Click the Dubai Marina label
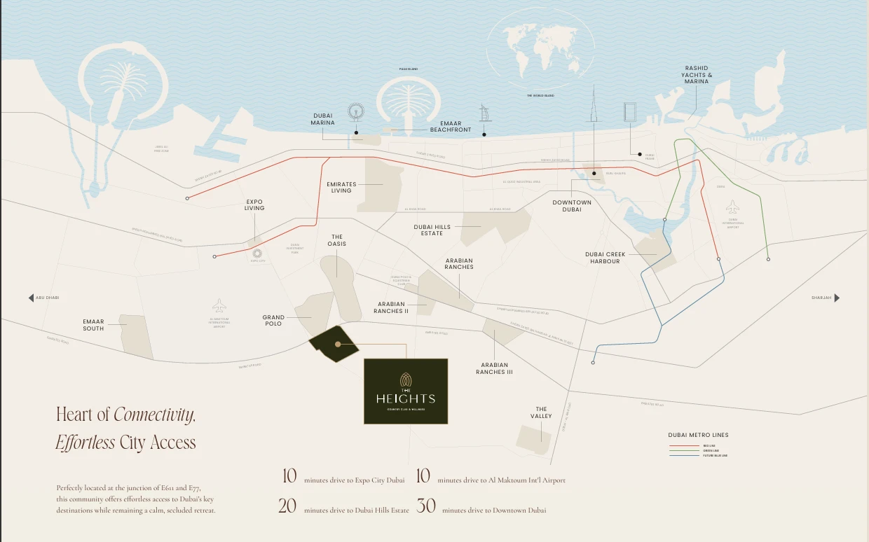pos(322,119)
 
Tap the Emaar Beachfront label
pos(450,127)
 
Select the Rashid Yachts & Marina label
pos(697,75)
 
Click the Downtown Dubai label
pos(572,206)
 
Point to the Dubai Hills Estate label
pos(432,230)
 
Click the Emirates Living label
pos(341,187)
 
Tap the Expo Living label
pos(254,205)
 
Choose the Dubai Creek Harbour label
pos(605,258)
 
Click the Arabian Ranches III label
pos(494,368)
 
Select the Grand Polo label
pos(273,321)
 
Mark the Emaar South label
pos(93,325)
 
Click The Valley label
pos(541,412)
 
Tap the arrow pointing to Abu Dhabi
pos(31,298)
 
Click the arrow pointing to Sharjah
pos(837,298)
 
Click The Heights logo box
pos(405,391)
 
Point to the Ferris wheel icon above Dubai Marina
pos(356,111)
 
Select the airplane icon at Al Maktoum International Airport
pos(219,305)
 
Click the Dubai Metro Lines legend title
pos(698,435)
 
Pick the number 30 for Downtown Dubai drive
pos(426,506)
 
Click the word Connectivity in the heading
pos(154,415)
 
